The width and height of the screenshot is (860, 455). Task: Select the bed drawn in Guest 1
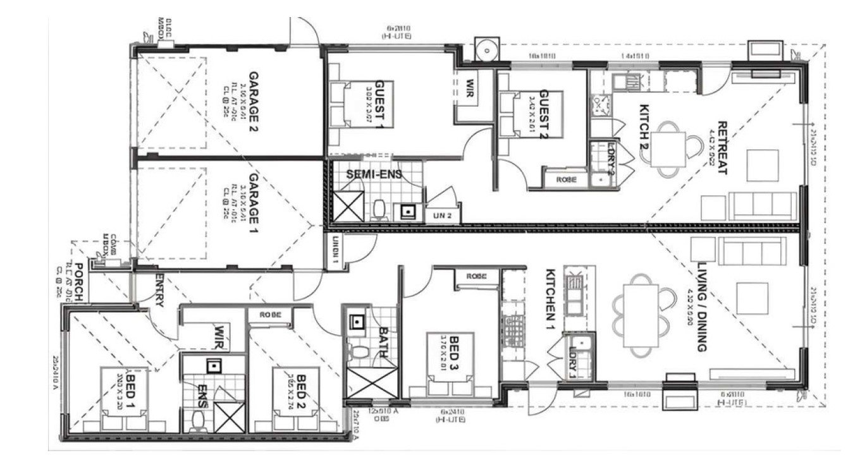[360, 104]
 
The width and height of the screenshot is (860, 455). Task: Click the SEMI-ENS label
[374, 174]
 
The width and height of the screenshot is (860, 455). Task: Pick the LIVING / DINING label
[701, 306]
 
